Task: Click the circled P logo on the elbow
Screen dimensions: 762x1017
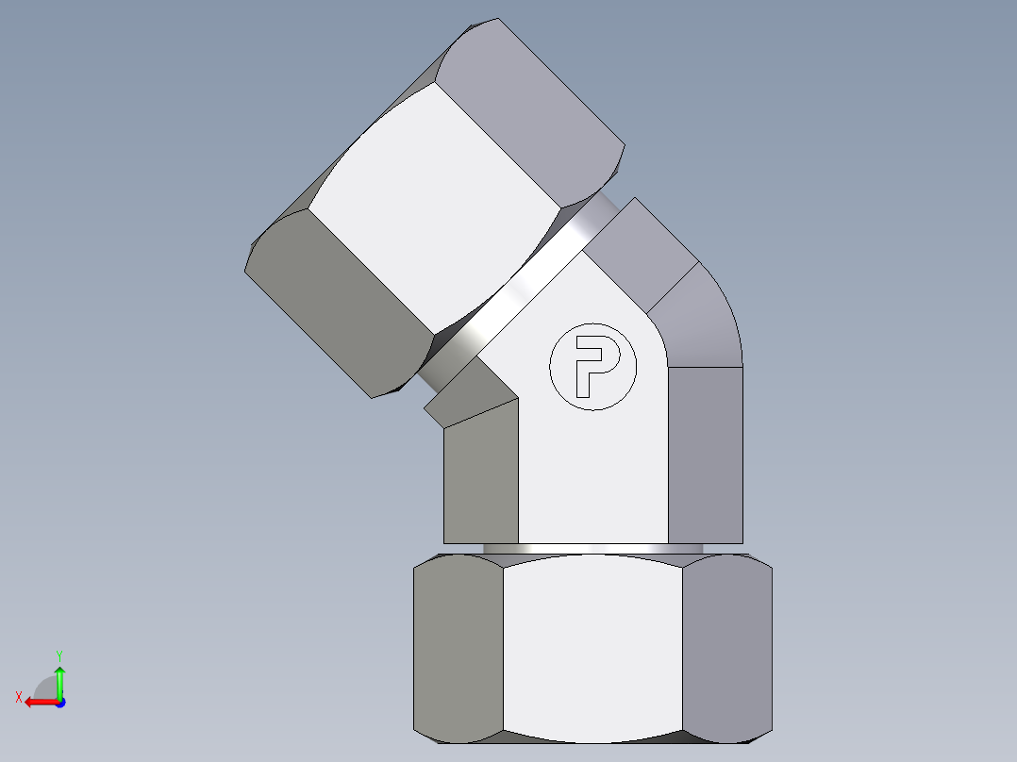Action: [x=592, y=366]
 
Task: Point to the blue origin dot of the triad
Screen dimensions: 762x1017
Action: [x=59, y=703]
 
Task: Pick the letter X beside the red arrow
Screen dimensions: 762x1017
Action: [x=18, y=697]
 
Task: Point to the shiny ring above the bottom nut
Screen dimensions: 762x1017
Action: [x=592, y=548]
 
